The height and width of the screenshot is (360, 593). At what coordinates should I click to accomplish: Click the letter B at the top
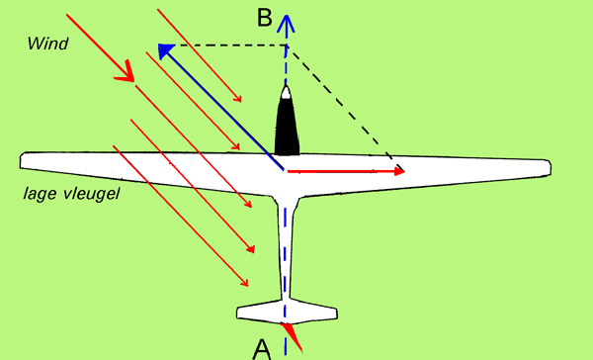(264, 18)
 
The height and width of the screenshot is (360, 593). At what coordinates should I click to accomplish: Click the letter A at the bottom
(262, 350)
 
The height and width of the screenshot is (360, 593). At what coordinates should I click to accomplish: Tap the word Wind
(47, 44)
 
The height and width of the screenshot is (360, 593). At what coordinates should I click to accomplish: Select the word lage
(41, 194)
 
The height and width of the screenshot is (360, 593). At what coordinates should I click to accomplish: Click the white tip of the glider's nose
(286, 93)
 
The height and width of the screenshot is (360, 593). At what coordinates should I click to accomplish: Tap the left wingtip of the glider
(22, 160)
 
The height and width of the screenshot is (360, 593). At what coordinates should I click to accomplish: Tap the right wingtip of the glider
(549, 168)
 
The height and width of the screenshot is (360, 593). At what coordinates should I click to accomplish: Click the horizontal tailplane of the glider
(287, 312)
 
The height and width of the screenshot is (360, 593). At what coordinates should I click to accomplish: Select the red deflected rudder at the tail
(293, 337)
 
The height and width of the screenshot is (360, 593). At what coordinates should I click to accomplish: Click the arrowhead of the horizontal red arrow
(399, 171)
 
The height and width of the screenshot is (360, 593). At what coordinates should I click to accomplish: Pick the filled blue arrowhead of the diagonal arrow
(165, 50)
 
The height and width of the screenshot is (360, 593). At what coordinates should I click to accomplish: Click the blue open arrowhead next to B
(287, 23)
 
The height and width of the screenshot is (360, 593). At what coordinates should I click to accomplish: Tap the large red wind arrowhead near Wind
(126, 72)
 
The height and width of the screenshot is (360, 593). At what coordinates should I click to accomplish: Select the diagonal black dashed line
(346, 108)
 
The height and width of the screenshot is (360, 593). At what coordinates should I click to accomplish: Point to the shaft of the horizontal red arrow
(341, 171)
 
